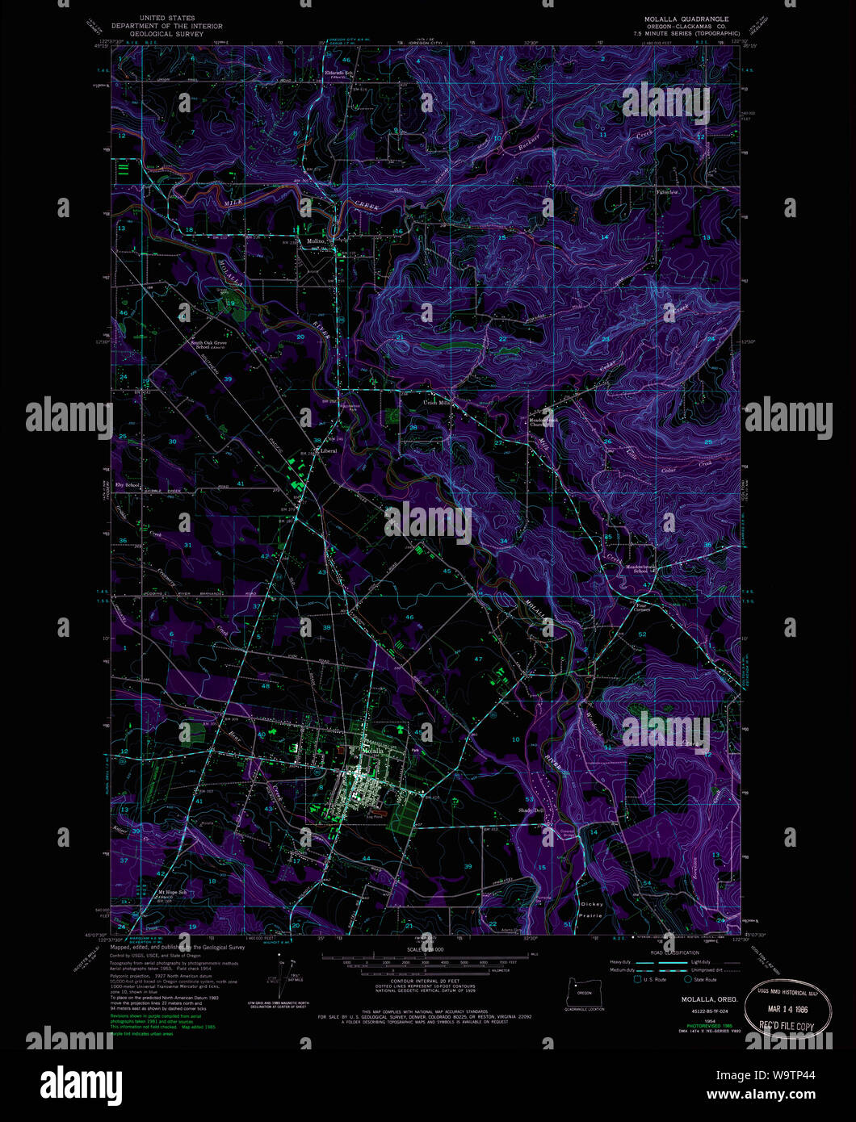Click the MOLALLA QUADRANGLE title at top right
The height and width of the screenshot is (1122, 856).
coord(682,18)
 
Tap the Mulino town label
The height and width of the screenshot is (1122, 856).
coord(315,241)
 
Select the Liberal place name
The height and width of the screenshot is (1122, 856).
coord(326,450)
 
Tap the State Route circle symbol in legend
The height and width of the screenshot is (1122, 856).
coord(688,980)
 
